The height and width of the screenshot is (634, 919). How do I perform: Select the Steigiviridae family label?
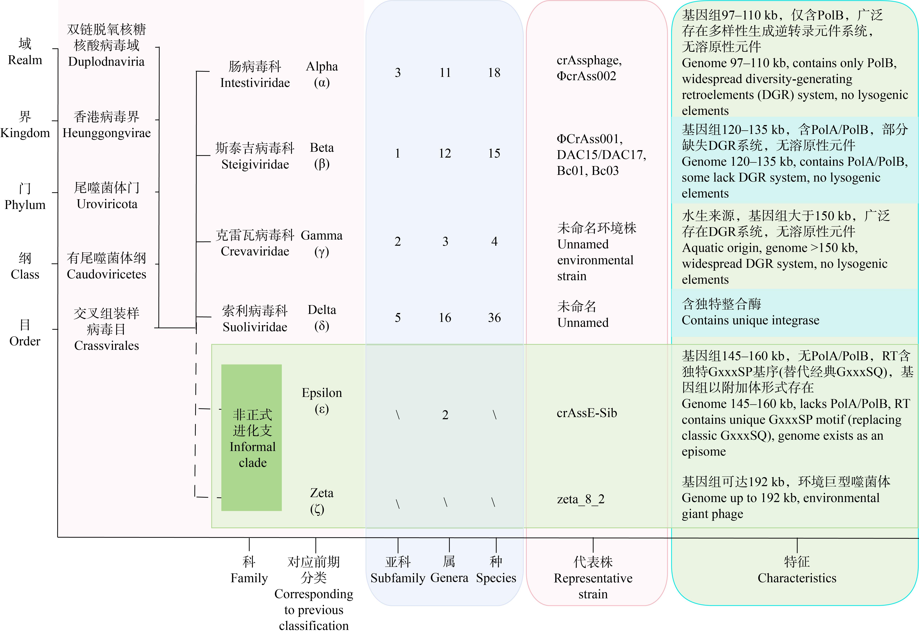click(255, 164)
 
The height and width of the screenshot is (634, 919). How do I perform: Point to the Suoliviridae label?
click(255, 327)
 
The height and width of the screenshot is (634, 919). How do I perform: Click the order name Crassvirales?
click(107, 346)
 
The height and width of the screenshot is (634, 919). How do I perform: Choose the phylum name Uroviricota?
click(107, 204)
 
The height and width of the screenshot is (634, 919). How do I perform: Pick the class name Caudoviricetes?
click(107, 274)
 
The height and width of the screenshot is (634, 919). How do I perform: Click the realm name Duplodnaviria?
click(107, 62)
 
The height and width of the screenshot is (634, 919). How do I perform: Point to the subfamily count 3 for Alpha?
click(397, 73)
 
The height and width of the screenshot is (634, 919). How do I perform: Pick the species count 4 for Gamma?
click(494, 241)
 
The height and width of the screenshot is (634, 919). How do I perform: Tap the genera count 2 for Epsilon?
click(445, 415)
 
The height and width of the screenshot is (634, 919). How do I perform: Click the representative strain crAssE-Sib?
click(587, 413)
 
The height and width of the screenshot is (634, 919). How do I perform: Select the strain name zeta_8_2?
click(580, 499)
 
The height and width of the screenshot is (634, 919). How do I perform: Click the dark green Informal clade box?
click(252, 437)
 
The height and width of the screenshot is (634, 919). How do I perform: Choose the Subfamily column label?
click(398, 578)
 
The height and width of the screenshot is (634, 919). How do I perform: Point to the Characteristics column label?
click(797, 578)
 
